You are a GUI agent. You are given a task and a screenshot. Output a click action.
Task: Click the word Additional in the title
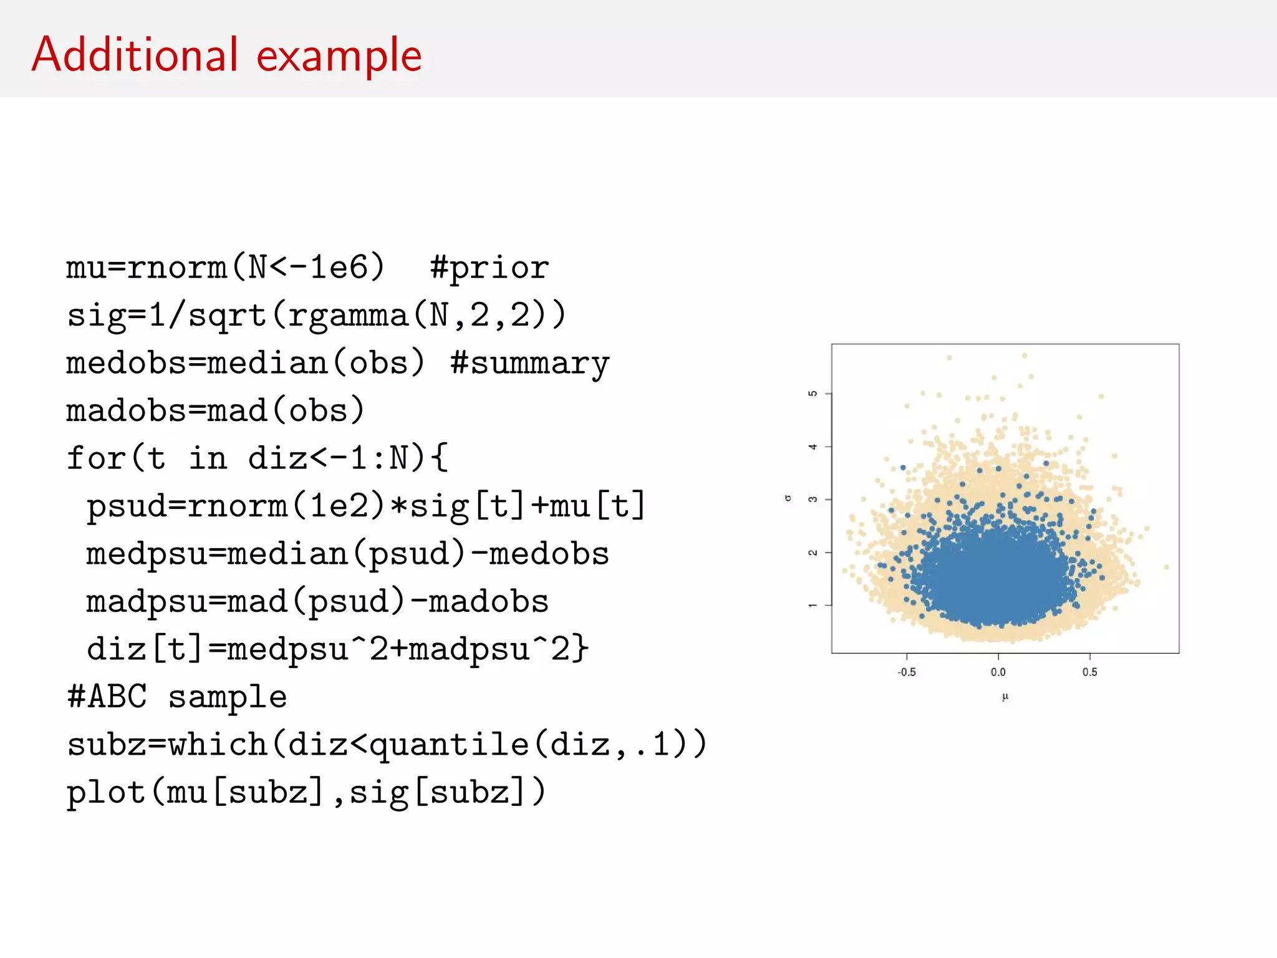pyautogui.click(x=135, y=55)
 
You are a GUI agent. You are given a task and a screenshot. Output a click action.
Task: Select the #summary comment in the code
pyautogui.click(x=529, y=364)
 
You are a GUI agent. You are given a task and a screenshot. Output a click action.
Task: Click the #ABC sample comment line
pyautogui.click(x=177, y=697)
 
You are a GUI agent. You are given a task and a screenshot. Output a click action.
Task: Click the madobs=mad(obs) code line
pyautogui.click(x=215, y=411)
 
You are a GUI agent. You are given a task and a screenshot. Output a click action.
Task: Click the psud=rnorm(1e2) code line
pyautogui.click(x=365, y=506)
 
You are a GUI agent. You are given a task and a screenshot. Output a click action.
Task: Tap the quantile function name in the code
pyautogui.click(x=449, y=745)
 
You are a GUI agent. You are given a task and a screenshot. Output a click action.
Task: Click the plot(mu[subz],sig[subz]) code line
pyautogui.click(x=306, y=793)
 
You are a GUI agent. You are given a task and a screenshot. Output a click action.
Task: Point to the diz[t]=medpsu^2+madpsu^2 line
pyautogui.click(x=337, y=649)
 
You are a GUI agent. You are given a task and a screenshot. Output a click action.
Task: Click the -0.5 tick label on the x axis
pyautogui.click(x=907, y=672)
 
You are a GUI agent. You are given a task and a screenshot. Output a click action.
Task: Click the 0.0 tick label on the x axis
pyautogui.click(x=998, y=672)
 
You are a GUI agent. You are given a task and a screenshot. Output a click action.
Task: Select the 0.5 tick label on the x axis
pyautogui.click(x=1090, y=672)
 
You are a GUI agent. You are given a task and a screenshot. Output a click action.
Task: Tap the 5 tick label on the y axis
pyautogui.click(x=812, y=394)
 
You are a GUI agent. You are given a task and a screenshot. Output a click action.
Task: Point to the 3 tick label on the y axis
pyautogui.click(x=812, y=500)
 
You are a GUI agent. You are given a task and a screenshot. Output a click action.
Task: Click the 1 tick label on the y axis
pyautogui.click(x=812, y=605)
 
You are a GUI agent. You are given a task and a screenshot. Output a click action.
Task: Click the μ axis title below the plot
pyautogui.click(x=1005, y=697)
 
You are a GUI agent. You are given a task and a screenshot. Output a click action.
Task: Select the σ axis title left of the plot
pyautogui.click(x=789, y=498)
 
